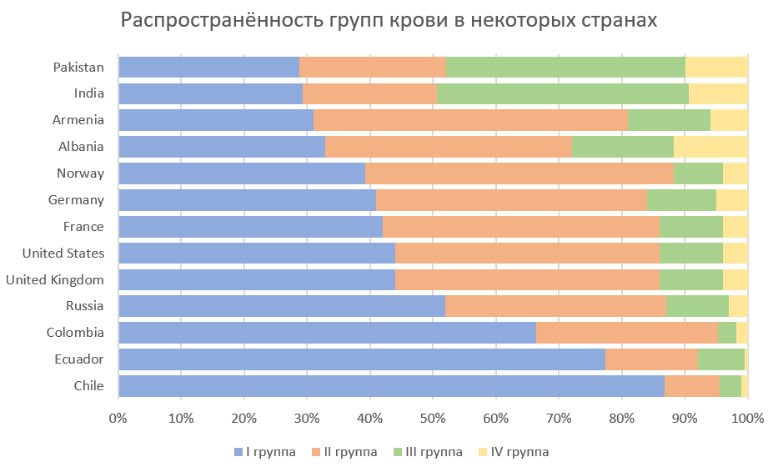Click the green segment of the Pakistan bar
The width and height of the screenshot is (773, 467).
tap(565, 67)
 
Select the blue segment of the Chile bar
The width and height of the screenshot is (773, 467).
tap(391, 386)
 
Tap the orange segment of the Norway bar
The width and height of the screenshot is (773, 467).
tap(519, 173)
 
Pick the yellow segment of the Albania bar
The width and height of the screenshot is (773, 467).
tap(710, 147)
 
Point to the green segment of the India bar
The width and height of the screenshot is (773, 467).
tap(562, 93)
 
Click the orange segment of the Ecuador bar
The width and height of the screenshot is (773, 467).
tap(651, 359)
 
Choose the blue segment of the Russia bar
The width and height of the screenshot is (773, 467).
tap(281, 306)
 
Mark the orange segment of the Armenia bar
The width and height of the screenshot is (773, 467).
tap(470, 120)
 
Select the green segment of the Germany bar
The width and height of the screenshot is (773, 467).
tap(681, 200)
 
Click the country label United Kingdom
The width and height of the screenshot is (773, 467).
tap(55, 280)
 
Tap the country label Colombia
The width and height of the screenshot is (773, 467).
tap(75, 333)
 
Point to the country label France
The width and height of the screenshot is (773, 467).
tap(83, 227)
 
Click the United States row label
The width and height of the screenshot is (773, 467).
tap(63, 254)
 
